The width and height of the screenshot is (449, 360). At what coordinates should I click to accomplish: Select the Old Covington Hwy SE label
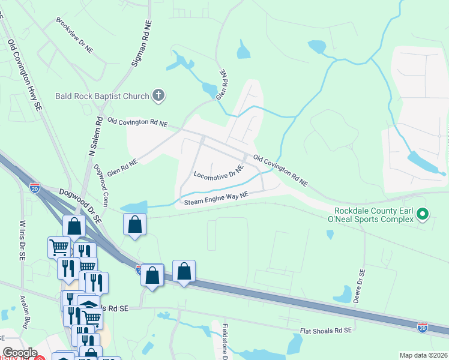(x=25, y=74)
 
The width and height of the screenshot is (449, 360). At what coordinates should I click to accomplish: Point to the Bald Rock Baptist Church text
(x=101, y=95)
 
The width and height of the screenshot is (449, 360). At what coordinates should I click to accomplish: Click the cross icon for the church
(x=158, y=95)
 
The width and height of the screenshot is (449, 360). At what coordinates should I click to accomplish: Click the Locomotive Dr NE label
(x=218, y=173)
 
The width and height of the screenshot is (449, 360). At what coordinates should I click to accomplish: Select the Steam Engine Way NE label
(x=216, y=199)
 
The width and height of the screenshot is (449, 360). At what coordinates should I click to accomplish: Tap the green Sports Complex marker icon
(x=422, y=213)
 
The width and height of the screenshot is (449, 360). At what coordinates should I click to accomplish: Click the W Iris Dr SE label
(x=23, y=241)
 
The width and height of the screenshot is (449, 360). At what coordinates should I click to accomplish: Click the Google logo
(x=20, y=353)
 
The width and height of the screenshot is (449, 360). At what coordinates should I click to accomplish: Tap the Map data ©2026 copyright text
(x=423, y=355)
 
